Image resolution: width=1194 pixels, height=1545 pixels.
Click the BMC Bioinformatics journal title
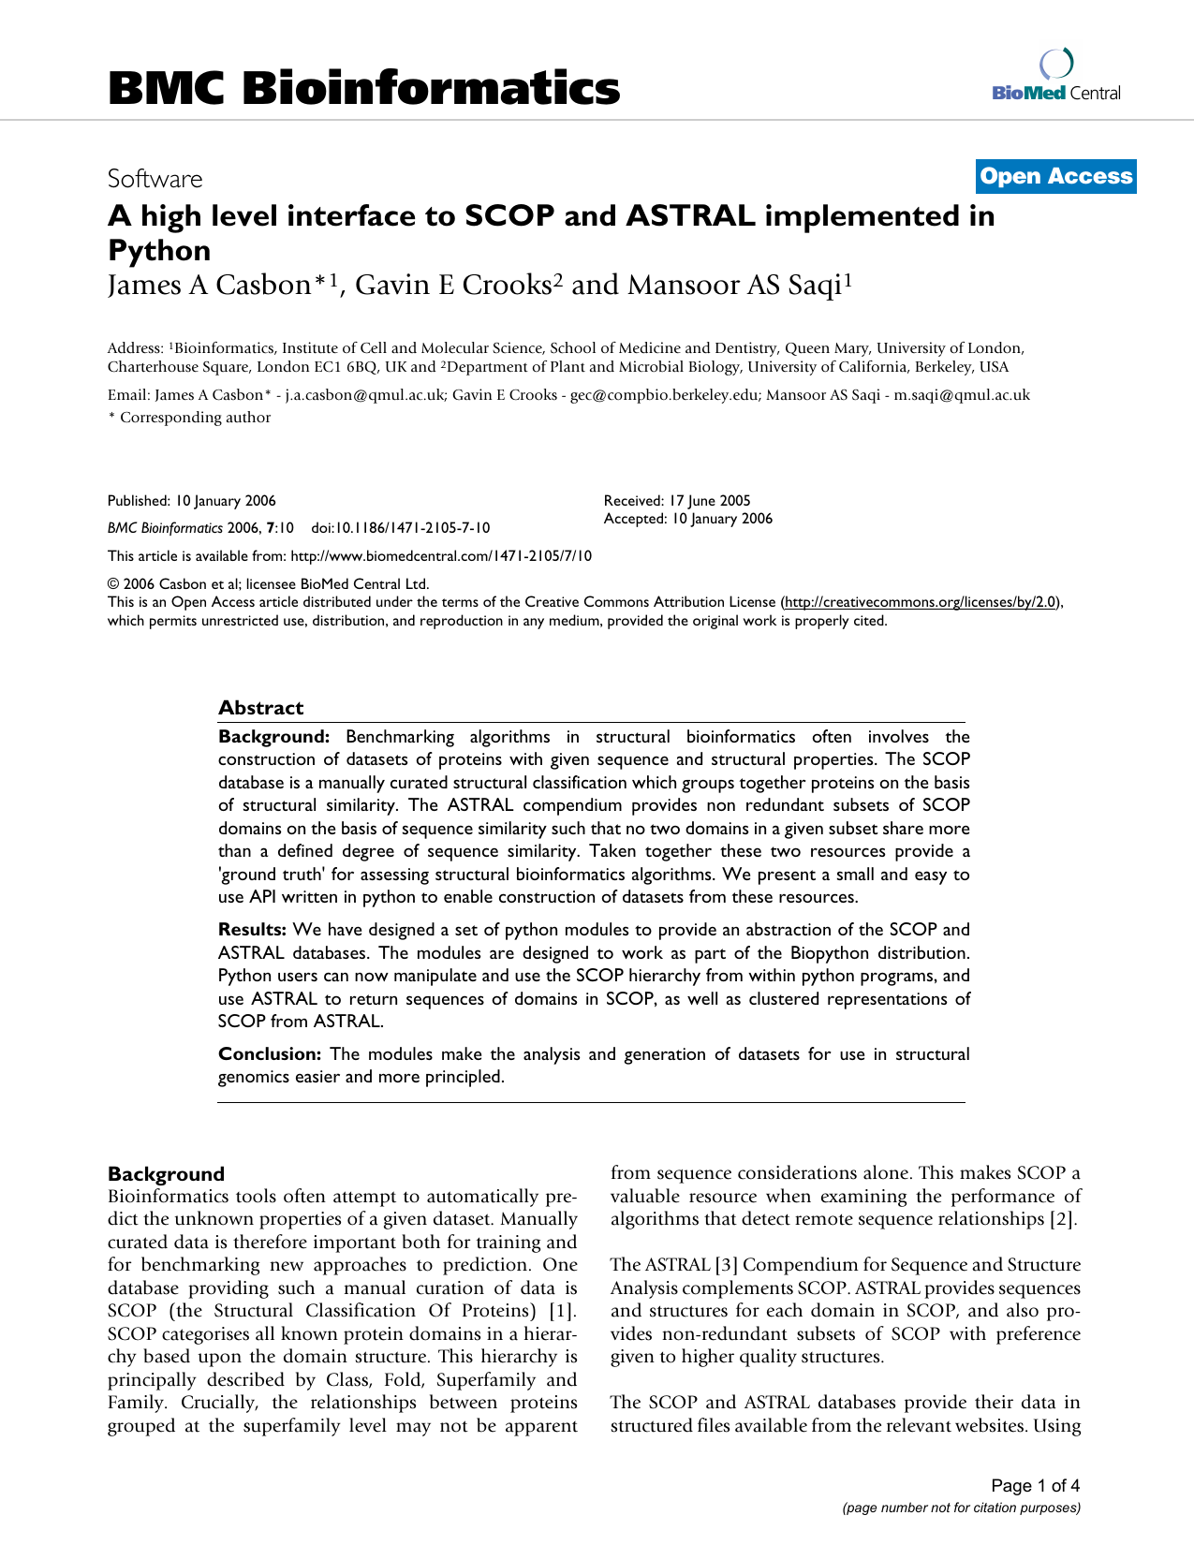tap(363, 88)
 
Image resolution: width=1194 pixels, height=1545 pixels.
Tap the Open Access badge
tap(1055, 176)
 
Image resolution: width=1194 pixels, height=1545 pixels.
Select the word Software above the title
tap(155, 179)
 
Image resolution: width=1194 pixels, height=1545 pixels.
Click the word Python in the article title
tap(159, 251)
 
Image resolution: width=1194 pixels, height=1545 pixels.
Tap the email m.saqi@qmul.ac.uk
tap(962, 395)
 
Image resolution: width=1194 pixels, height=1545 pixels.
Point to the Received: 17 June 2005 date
tap(677, 501)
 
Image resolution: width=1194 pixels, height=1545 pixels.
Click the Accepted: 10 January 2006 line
tap(688, 519)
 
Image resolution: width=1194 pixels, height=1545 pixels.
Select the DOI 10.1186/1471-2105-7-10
tap(400, 528)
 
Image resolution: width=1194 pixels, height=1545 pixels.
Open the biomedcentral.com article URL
tap(441, 556)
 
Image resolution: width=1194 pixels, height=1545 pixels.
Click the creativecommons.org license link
tap(921, 602)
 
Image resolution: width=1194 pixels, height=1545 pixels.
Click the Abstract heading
tap(260, 708)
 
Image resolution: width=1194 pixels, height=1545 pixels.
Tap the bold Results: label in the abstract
tap(252, 930)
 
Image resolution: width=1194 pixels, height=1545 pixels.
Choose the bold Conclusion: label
tap(270, 1054)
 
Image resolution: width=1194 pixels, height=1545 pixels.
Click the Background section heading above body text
tap(166, 1174)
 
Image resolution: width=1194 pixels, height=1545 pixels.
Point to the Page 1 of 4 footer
tap(1035, 1486)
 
